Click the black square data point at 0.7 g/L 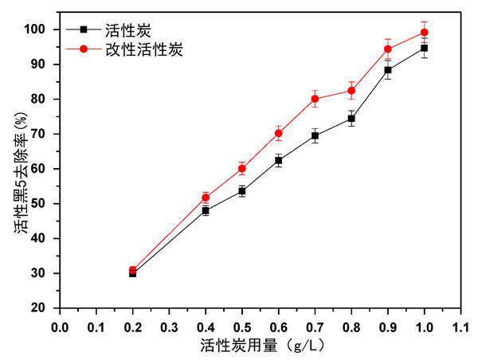coord(315,135)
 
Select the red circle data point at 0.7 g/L coord(315,99)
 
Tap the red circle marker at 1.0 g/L coord(424,33)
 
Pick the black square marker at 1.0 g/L coord(424,48)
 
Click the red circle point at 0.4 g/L coord(206,198)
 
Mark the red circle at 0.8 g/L coord(351,91)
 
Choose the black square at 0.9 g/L coord(388,70)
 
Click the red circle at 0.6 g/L coord(278,133)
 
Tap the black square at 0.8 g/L coord(351,119)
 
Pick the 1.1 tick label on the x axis coord(460,325)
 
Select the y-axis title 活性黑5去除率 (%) coord(18,168)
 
